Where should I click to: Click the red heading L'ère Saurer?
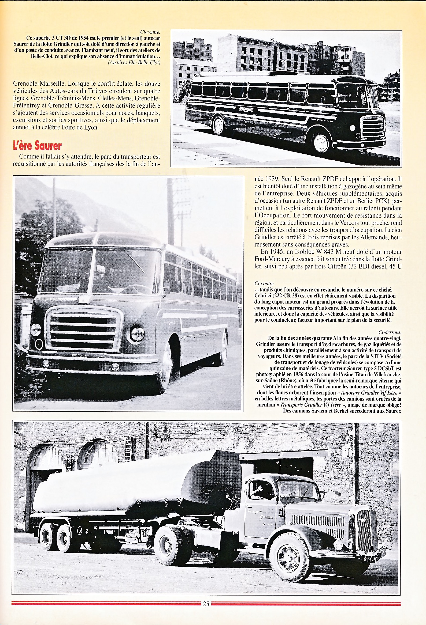(x=38, y=146)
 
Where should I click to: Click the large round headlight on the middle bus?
(x=137, y=334)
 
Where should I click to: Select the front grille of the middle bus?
(x=83, y=330)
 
